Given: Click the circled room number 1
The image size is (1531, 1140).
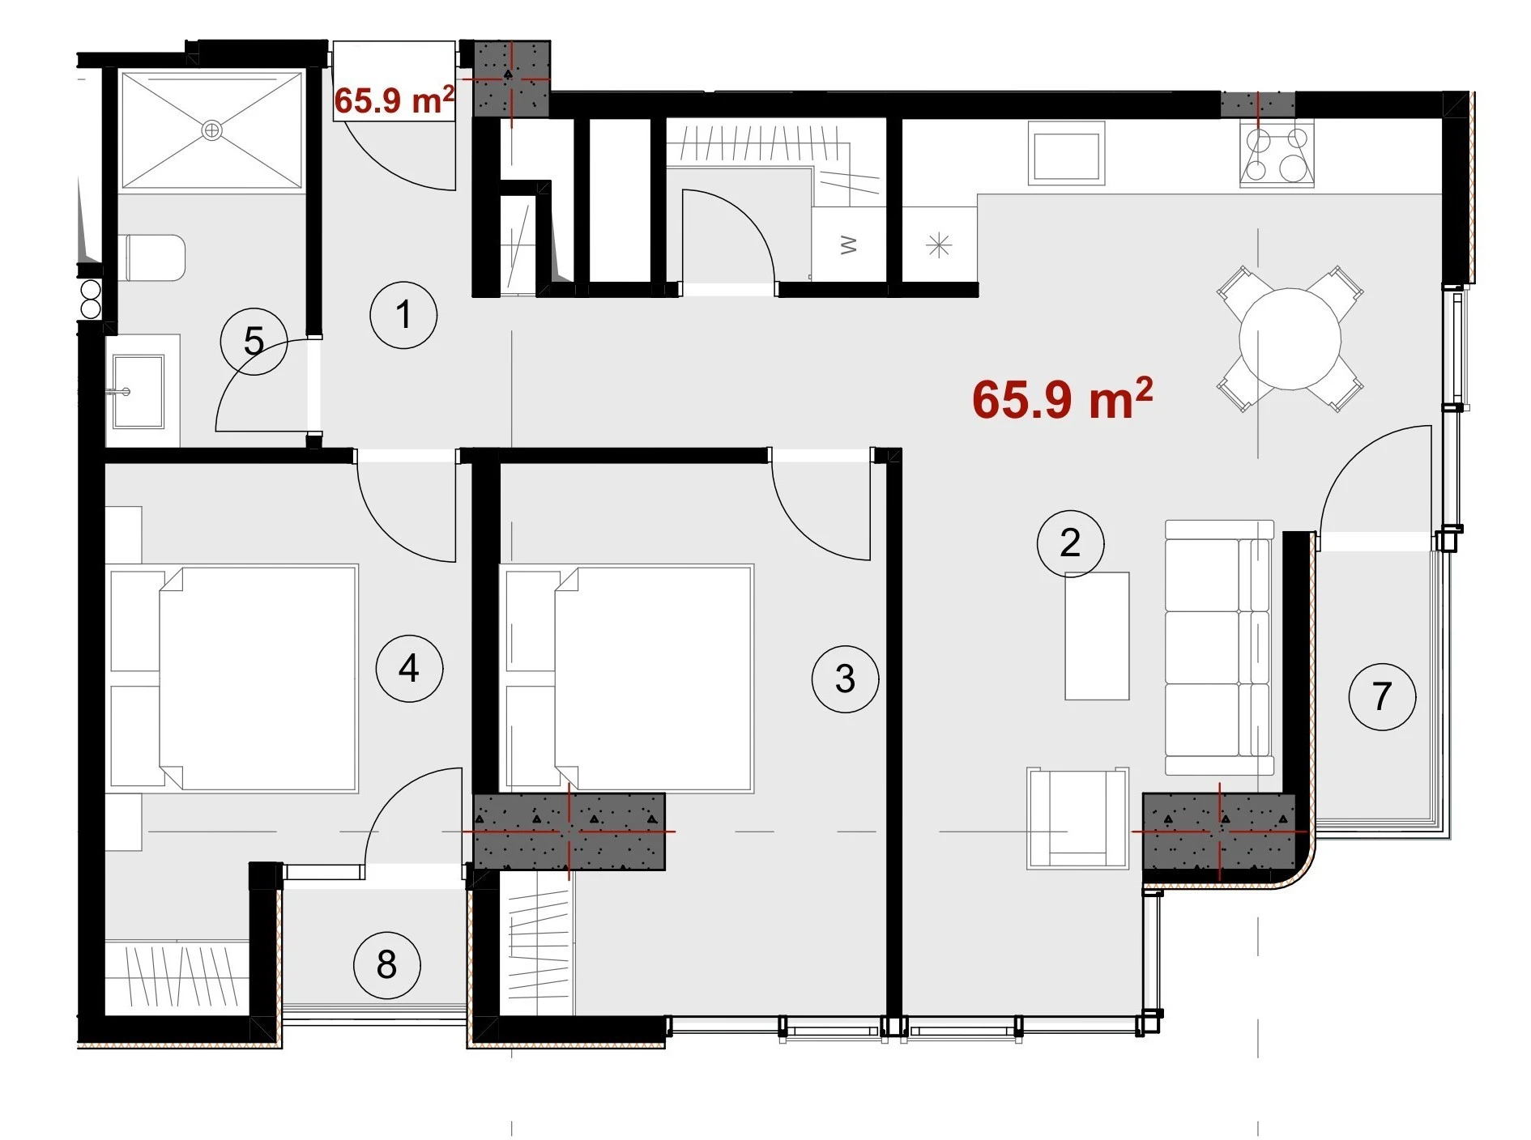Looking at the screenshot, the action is [x=403, y=315].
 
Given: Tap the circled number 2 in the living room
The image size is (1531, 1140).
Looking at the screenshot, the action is [x=1070, y=543].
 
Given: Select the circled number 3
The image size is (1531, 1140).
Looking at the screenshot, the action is [x=845, y=678].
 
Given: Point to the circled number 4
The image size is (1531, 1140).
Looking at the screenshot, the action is [x=409, y=668].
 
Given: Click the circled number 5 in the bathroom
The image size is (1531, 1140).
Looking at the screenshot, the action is [x=254, y=341].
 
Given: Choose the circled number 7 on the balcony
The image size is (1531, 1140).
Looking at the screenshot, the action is [x=1382, y=696].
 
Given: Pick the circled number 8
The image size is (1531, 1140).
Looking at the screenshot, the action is [x=386, y=964].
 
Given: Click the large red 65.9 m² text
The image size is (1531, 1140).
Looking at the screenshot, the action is [x=1062, y=398].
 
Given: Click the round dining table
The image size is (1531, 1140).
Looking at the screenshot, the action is [x=1290, y=338].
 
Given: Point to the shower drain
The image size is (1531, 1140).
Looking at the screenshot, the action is [x=211, y=130].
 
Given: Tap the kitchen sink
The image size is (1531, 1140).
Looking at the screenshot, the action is [x=1066, y=154].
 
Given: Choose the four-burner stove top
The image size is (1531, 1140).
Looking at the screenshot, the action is [x=1277, y=155].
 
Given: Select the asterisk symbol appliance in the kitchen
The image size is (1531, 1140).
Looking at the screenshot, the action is [x=939, y=245].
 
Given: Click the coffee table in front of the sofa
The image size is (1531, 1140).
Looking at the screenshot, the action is [x=1097, y=636].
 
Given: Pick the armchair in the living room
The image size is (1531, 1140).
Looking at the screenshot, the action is [x=1078, y=818].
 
